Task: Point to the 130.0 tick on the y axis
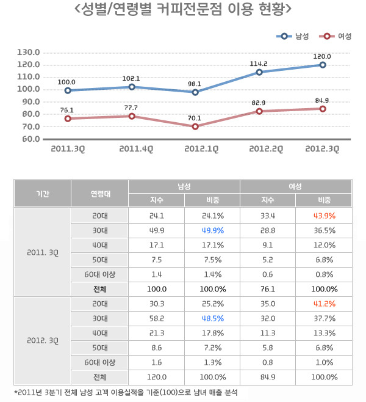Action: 29,53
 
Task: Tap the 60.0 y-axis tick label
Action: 29,139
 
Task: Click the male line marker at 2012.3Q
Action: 322,65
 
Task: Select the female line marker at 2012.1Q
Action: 195,126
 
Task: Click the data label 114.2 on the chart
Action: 259,64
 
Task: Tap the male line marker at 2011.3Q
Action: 67,90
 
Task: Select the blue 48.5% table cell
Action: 212,319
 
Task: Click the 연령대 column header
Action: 99,194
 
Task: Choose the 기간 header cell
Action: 43,194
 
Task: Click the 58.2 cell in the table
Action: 156,319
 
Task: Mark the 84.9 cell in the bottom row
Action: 268,377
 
